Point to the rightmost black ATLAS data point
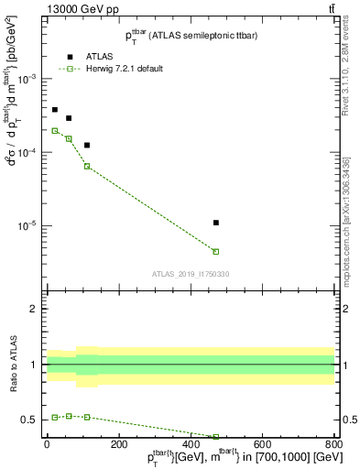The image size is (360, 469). click(x=215, y=223)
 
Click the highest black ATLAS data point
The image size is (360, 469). click(x=55, y=110)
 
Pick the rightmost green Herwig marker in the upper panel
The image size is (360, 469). click(x=215, y=251)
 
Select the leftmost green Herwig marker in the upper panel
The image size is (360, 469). click(x=55, y=131)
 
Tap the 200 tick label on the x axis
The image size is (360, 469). click(x=118, y=446)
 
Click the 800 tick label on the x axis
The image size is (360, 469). click(x=333, y=446)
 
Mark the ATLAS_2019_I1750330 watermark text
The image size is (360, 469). click(x=191, y=274)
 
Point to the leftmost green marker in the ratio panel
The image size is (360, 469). click(x=55, y=418)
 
